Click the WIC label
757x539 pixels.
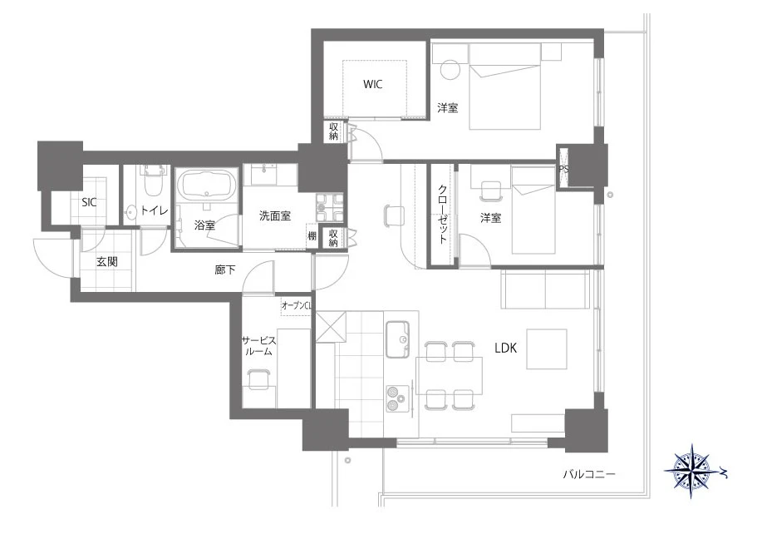pos(373,84)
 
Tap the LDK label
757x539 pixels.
pos(505,348)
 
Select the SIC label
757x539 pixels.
pos(89,202)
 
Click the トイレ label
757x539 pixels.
pos(155,210)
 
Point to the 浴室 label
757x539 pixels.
pos(204,225)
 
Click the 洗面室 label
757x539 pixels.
pos(275,215)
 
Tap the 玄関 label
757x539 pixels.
pos(106,261)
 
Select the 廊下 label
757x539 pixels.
pos(225,269)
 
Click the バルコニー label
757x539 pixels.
pos(589,474)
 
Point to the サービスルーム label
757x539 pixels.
pos(258,346)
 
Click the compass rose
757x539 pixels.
pos(693,472)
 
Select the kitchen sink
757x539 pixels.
pos(397,339)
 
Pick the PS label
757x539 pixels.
pos(563,169)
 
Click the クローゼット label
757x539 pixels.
pos(442,214)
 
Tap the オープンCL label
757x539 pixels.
pos(297,305)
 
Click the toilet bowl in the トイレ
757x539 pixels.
pos(155,181)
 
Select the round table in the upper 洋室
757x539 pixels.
pos(451,69)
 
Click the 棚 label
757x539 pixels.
pos(312,236)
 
